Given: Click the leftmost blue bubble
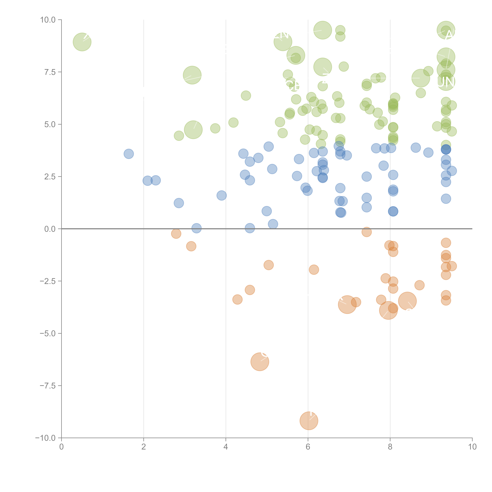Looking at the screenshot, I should tap(129, 154).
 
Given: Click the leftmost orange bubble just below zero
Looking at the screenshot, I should tap(176, 234).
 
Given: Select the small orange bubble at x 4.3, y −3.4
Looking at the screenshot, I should tap(237, 299).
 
